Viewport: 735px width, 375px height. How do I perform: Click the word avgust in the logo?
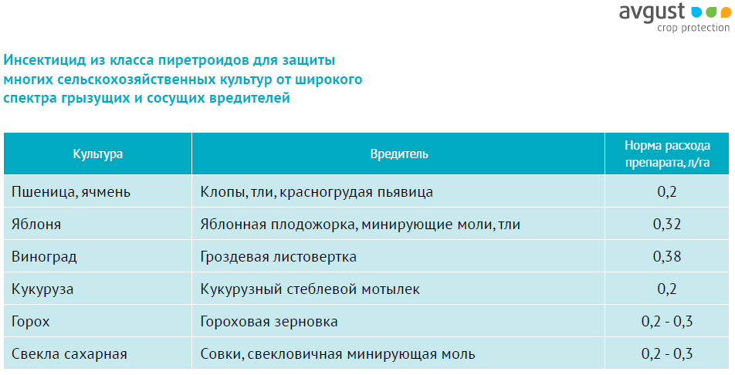coord(652,12)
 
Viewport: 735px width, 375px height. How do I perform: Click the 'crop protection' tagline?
coord(693,28)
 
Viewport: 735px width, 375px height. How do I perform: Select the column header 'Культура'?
coord(97,154)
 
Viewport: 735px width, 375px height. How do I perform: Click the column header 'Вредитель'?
coord(399,154)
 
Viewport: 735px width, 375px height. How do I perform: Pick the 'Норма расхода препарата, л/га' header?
coord(667,154)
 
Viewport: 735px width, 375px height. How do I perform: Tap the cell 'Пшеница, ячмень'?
coord(71,191)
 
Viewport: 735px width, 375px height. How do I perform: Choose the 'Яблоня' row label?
coord(36,224)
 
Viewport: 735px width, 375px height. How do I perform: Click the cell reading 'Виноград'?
coord(44,257)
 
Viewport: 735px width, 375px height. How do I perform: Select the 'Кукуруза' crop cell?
coord(42,289)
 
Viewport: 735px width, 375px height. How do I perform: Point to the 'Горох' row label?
coord(30,322)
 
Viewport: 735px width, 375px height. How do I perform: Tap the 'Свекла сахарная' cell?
coord(69,354)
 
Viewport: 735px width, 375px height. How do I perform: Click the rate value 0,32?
coord(667,224)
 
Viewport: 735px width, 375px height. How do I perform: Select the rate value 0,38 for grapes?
coord(667,256)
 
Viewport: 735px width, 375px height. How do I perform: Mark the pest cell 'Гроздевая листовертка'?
coord(279,257)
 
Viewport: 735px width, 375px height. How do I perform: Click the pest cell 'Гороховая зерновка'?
coord(269,322)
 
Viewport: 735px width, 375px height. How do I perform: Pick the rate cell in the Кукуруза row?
coord(667,289)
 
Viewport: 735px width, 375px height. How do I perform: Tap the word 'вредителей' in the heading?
coord(250,99)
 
